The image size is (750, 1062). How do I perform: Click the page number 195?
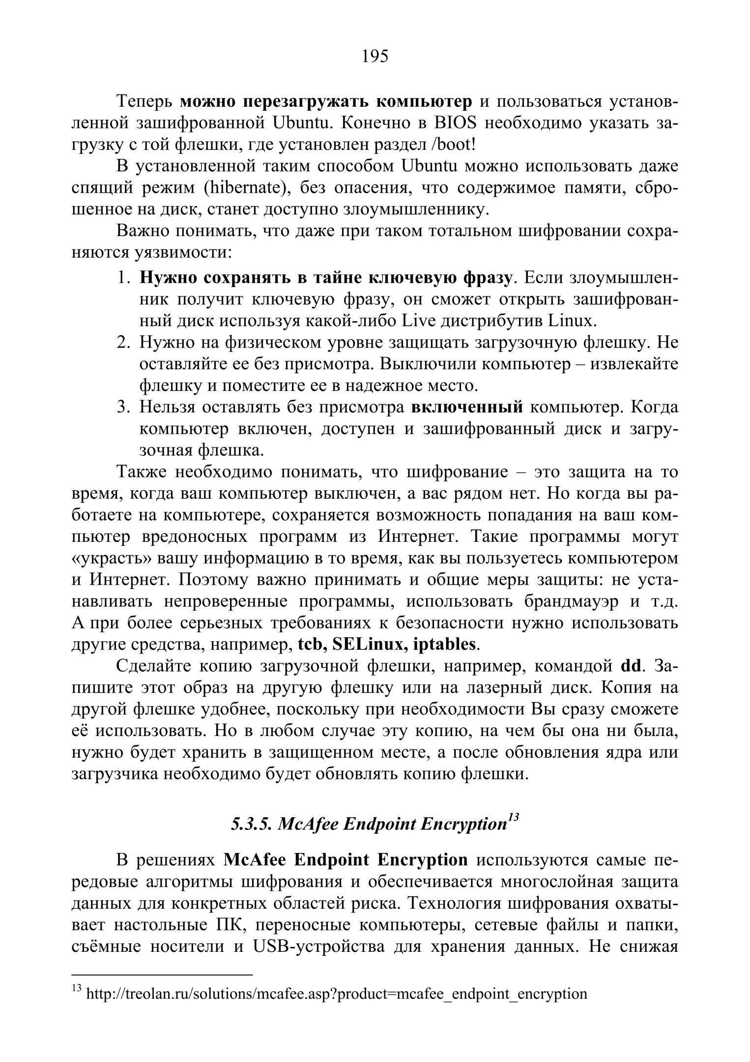[375, 57]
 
